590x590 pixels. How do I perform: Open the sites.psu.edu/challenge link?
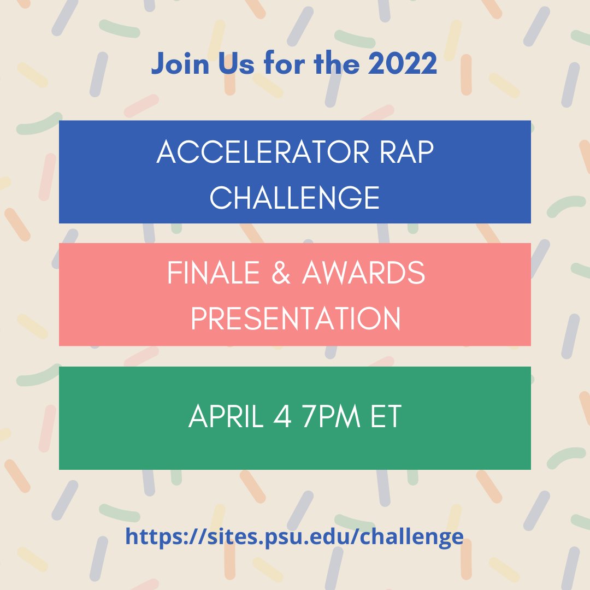click(294, 536)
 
